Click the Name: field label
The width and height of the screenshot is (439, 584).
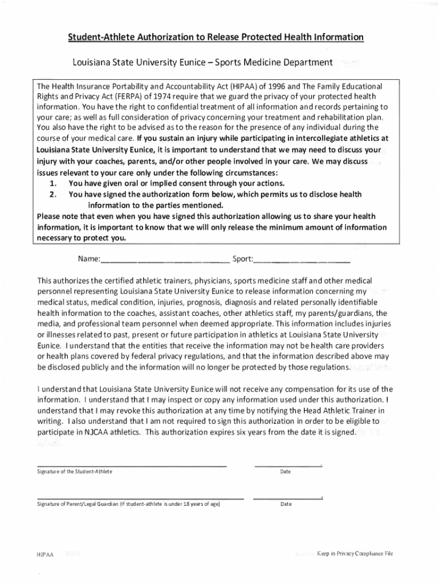point(89,259)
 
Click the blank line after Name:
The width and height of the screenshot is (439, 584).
point(165,262)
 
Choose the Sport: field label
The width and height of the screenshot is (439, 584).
point(242,259)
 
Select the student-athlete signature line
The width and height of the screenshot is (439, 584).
point(132,465)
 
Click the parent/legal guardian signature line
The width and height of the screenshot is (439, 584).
point(140,498)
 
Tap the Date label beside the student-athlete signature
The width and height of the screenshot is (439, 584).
point(286,472)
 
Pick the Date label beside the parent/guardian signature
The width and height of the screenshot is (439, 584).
point(286,504)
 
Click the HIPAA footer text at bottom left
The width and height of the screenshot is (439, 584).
point(44,555)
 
